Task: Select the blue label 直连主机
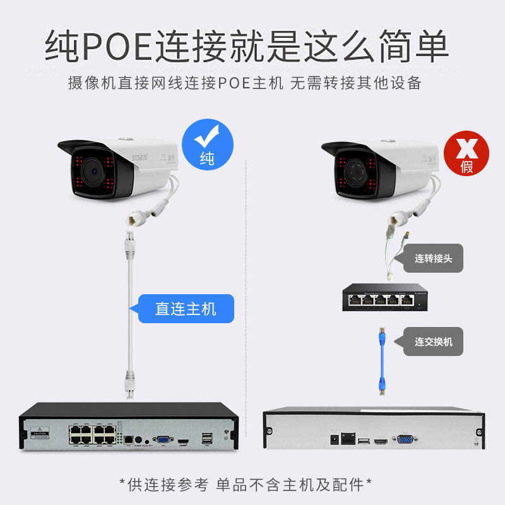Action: tap(186, 309)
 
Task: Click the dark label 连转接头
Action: tap(433, 259)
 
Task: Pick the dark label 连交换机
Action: tap(433, 342)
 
